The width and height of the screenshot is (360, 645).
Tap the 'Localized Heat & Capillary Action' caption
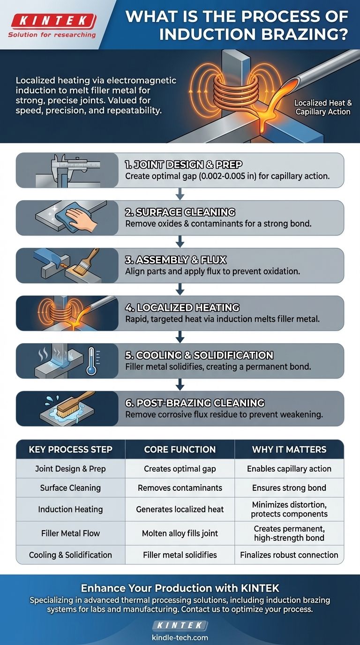pyautogui.click(x=322, y=107)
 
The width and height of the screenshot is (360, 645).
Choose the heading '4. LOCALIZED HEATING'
pyautogui.click(x=182, y=308)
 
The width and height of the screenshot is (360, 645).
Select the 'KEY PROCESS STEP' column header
pyautogui.click(x=70, y=450)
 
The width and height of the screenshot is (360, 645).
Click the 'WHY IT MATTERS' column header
pyautogui.click(x=289, y=450)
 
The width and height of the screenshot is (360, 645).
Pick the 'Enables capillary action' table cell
pyautogui.click(x=289, y=469)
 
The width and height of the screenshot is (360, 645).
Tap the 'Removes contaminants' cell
pyautogui.click(x=180, y=488)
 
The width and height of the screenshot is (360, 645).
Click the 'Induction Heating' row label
pyautogui.click(x=70, y=510)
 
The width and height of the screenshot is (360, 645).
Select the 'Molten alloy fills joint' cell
pyautogui.click(x=180, y=532)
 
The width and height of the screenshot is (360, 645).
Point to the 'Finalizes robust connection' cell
pyautogui.click(x=289, y=555)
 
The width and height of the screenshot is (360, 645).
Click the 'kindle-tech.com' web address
pyautogui.click(x=180, y=638)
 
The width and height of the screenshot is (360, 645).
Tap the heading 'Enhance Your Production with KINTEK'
pyautogui.click(x=180, y=588)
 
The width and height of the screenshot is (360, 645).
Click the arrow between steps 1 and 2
pyautogui.click(x=180, y=194)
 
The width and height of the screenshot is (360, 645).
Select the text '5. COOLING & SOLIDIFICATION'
pyautogui.click(x=199, y=355)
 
